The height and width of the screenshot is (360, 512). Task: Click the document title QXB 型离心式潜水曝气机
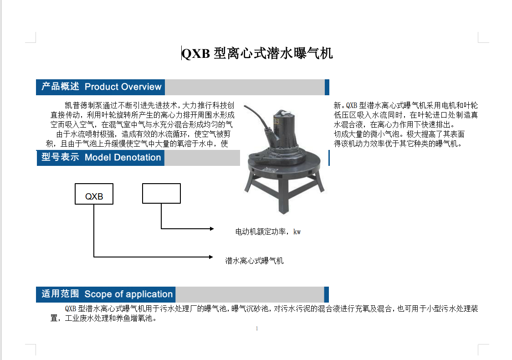click(257, 53)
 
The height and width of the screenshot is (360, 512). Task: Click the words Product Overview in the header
click(123, 87)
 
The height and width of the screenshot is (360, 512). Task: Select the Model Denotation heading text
click(123, 158)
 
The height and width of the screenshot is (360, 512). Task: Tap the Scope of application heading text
click(128, 294)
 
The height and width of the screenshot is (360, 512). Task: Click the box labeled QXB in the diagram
click(94, 194)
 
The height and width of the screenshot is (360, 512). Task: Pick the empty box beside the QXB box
click(161, 193)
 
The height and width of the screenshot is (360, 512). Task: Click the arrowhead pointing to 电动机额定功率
click(212, 229)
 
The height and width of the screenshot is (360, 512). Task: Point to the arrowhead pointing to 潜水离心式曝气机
click(211, 257)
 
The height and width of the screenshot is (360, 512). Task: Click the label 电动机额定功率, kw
click(268, 232)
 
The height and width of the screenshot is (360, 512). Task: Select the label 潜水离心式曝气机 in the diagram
click(254, 261)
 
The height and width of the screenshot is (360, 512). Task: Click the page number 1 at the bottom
click(257, 329)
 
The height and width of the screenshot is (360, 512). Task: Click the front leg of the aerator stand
click(283, 196)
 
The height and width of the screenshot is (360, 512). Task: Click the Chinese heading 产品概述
click(60, 87)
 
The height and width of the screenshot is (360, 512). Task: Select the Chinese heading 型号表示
click(60, 157)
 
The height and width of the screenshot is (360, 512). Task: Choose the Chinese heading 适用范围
click(60, 293)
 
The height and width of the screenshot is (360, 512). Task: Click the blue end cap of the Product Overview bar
click(327, 87)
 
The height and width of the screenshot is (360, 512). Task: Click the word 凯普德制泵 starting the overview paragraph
click(83, 106)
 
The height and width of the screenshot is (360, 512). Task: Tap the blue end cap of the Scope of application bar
click(326, 295)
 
